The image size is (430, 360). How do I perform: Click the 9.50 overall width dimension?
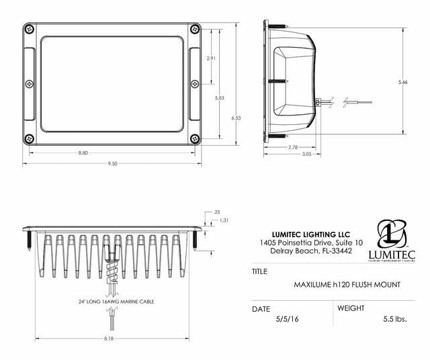[112, 163]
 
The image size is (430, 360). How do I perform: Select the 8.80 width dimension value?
[83, 153]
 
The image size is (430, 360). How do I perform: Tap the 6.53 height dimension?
[234, 118]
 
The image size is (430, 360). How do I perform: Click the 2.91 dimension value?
[211, 58]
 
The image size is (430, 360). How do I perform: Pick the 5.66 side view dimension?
[402, 82]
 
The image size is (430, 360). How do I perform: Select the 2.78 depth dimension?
[293, 146]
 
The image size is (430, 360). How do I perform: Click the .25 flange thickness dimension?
[216, 212]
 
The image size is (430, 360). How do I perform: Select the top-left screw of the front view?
[30, 29]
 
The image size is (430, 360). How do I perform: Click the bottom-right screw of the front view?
[195, 139]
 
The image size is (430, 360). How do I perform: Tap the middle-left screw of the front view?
[30, 84]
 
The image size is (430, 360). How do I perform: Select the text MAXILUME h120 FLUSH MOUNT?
[347, 285]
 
